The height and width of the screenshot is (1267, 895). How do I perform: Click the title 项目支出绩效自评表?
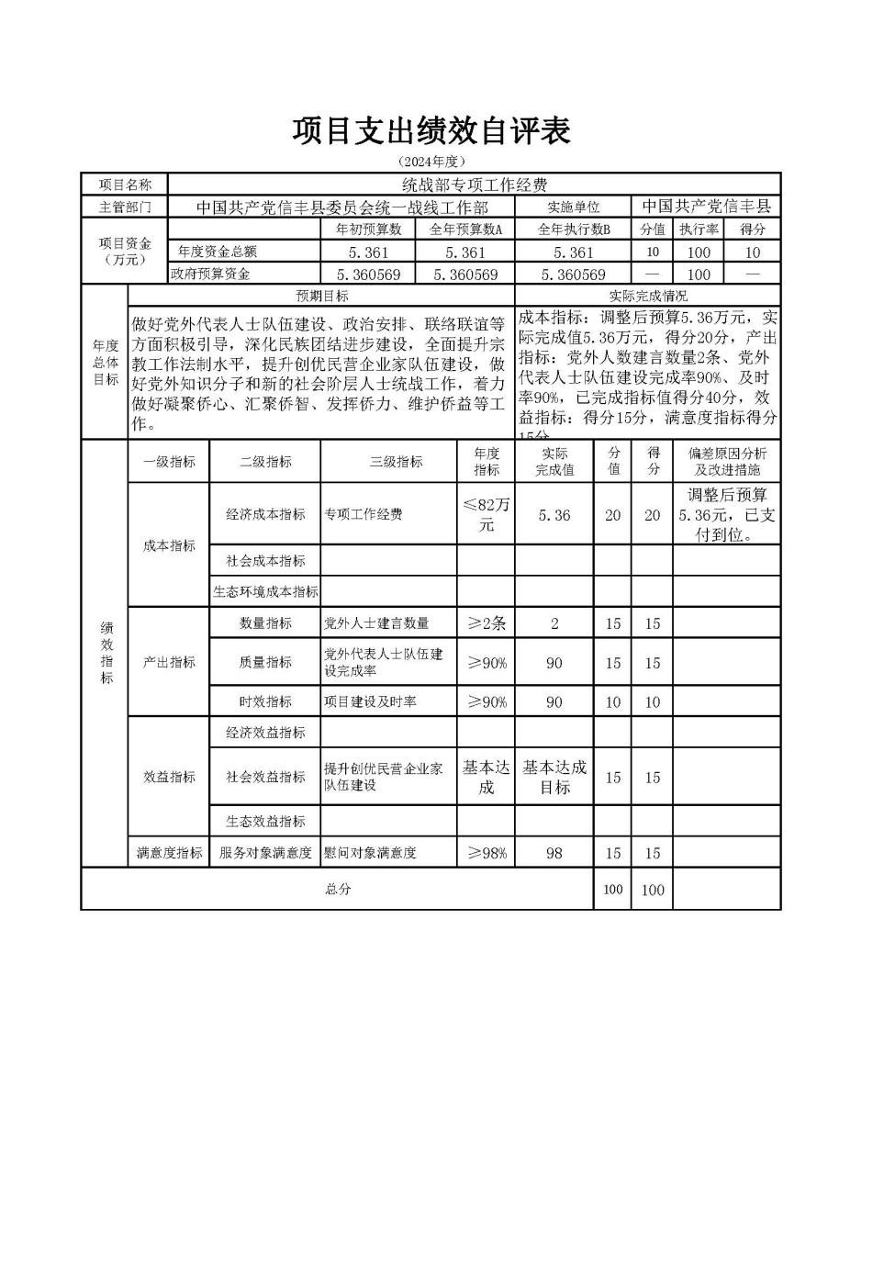[431, 131]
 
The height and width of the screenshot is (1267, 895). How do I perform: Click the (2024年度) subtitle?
[431, 162]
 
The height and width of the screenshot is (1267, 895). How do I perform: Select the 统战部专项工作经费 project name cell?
[474, 185]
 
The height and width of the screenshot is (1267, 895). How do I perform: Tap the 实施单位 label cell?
[573, 207]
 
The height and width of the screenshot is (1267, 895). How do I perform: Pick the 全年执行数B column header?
[573, 230]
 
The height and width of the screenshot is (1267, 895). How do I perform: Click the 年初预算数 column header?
[368, 230]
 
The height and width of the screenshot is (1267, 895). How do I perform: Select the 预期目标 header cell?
[321, 296]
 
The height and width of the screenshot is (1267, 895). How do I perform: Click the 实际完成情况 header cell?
[647, 296]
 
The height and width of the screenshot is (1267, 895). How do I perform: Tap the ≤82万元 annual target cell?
[486, 514]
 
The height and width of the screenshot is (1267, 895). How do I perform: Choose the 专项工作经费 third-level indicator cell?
[364, 514]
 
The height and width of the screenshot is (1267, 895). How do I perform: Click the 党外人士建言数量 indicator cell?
[376, 623]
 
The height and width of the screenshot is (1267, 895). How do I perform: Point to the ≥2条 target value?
[486, 623]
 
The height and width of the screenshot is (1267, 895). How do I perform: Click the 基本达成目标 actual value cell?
[554, 777]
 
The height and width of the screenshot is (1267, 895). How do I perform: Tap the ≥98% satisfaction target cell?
[486, 853]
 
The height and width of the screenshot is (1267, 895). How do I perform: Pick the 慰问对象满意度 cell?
[370, 853]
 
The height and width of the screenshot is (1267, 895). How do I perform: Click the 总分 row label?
[337, 889]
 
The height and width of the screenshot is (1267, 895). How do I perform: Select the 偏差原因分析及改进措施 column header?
[726, 461]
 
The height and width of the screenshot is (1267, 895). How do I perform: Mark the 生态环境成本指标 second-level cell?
[265, 592]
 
